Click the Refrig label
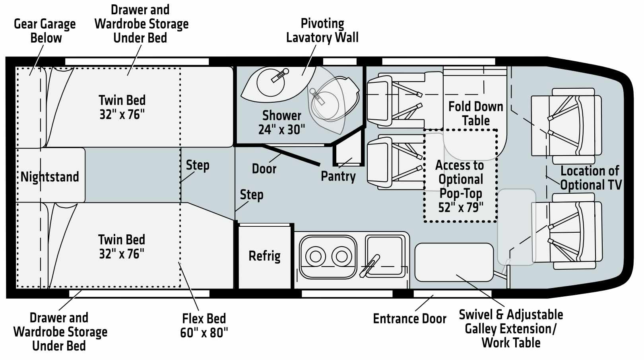coord(264,256)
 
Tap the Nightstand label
coord(50,177)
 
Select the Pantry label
coord(338,176)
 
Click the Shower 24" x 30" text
coord(281,123)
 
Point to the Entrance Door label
coord(410,319)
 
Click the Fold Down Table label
coord(476,113)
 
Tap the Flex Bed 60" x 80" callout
coord(204,325)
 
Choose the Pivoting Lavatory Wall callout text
coord(322,31)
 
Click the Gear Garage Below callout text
coord(45,31)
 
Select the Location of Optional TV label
coord(591,178)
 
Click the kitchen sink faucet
coord(370,266)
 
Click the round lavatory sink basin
coord(271,83)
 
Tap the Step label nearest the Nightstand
coord(198,165)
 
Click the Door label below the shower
coord(264,169)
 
